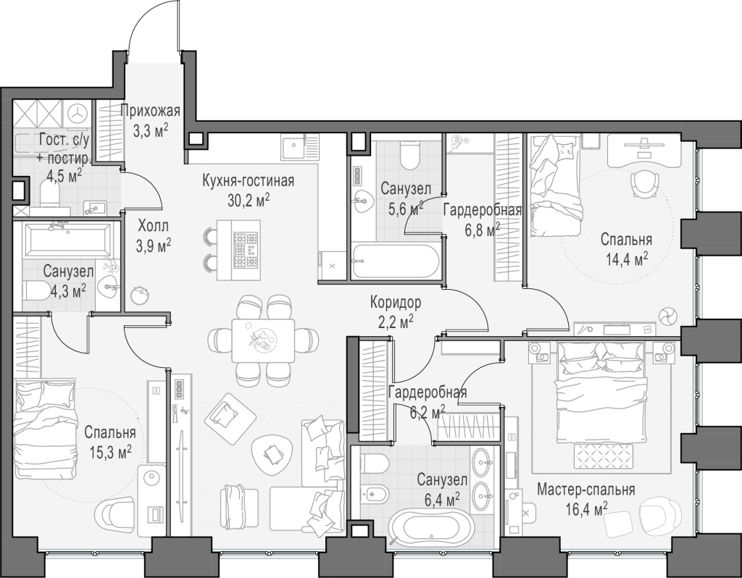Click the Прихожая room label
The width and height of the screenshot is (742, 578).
coord(150,111)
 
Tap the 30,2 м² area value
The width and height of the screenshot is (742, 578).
coord(249,201)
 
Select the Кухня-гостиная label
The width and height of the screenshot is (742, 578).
coord(248,180)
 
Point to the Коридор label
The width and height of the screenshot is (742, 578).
coord(396,301)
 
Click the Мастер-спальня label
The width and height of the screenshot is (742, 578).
coord(586,489)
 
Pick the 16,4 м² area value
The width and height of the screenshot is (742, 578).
coord(586,509)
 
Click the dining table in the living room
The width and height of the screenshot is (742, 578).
coord(263,340)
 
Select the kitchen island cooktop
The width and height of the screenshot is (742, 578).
coord(246,250)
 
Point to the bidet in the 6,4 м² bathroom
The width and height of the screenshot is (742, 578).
coord(375,494)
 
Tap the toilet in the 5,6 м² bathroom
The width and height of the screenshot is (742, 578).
coord(409,156)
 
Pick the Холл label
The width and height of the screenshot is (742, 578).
coord(154,225)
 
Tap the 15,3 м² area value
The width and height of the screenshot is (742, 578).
coord(110,453)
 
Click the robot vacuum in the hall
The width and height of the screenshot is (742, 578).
coord(140,296)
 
